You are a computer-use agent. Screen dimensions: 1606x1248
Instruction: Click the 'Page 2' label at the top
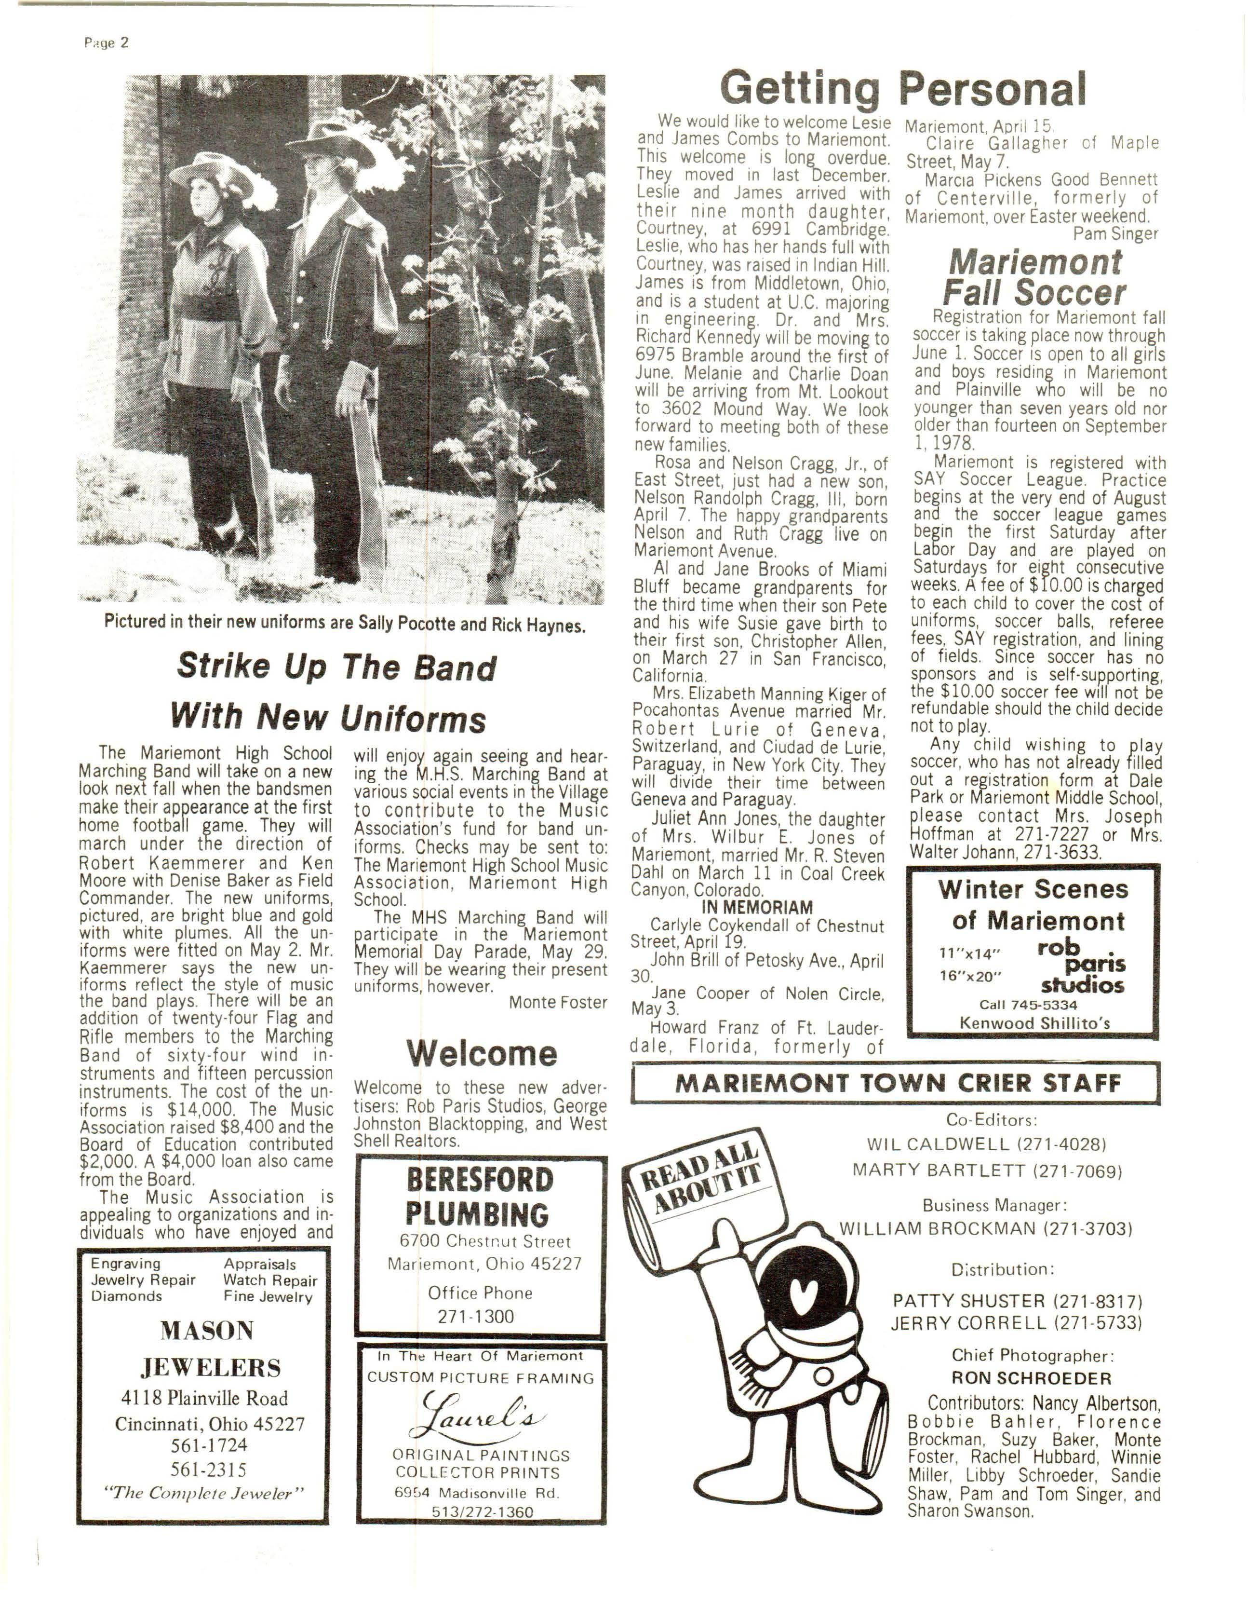[107, 42]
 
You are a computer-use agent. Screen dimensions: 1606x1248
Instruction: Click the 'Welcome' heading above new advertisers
[482, 1054]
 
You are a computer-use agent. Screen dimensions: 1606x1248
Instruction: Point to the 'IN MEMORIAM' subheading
[757, 908]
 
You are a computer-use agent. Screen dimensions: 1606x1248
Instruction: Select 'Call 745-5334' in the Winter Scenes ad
[1028, 1005]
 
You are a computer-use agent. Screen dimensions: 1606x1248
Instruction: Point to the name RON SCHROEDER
[1031, 1377]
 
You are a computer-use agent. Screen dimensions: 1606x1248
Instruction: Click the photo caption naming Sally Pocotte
[345, 624]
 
